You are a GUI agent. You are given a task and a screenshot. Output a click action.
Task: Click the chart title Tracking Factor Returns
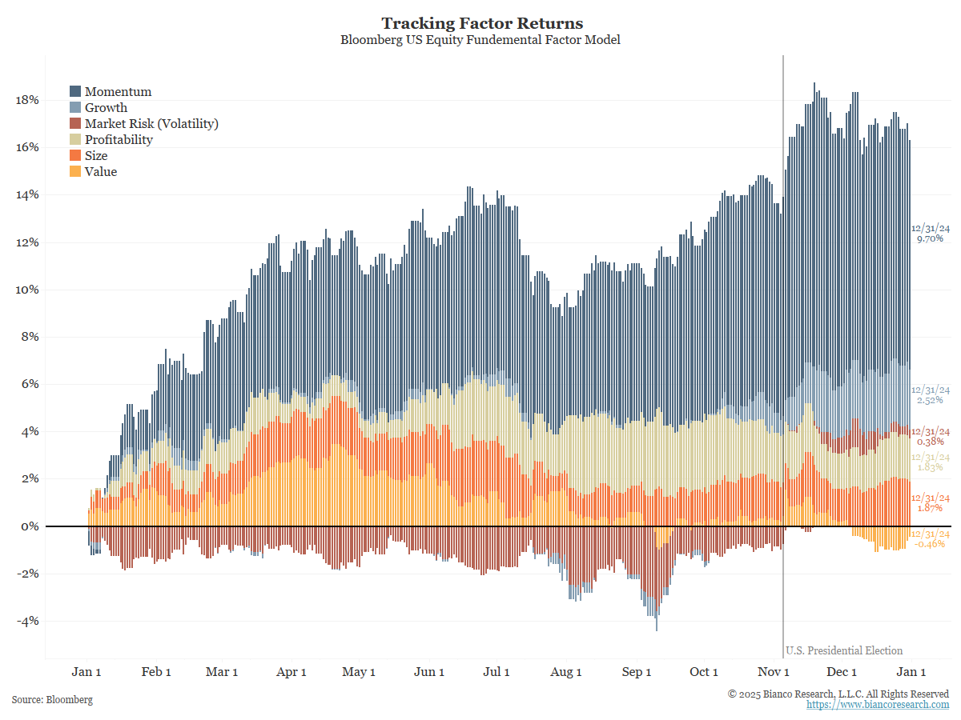(x=481, y=23)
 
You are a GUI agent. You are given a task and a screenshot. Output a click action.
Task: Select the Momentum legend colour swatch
(x=75, y=92)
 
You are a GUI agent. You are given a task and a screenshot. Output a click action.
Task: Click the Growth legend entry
(x=106, y=108)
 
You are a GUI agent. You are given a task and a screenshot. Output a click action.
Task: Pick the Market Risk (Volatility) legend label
(x=151, y=124)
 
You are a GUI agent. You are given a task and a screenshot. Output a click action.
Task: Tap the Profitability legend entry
(x=119, y=140)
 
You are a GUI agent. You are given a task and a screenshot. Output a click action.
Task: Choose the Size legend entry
(x=96, y=156)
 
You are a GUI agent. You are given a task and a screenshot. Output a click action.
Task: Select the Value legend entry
(x=101, y=172)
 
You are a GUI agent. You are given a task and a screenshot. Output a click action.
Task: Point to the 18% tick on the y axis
(x=26, y=100)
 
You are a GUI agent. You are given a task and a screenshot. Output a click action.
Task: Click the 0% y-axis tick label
(x=30, y=526)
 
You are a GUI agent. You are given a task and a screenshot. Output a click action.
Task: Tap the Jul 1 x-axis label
(x=497, y=672)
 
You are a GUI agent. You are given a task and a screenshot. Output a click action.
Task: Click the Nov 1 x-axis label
(x=774, y=672)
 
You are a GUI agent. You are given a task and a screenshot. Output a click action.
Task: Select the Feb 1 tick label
(x=156, y=672)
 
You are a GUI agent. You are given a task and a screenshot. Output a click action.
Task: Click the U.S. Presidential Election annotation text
(x=844, y=650)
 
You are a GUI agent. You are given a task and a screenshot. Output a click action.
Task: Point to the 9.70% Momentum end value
(x=930, y=238)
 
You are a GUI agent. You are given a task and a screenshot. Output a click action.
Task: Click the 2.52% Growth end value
(x=930, y=400)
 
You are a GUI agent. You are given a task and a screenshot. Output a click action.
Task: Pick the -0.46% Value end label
(x=930, y=544)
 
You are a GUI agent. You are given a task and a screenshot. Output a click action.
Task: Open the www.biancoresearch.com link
(x=878, y=705)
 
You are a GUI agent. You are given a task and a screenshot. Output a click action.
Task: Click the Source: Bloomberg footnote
(x=52, y=700)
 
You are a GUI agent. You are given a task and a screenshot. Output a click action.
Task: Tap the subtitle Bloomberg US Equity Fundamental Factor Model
(x=480, y=40)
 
